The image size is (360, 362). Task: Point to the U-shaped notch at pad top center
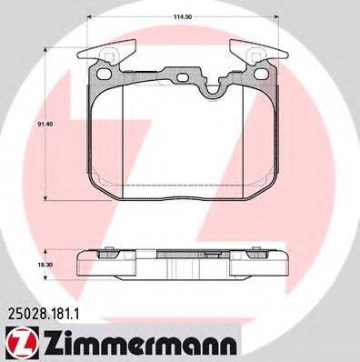pyautogui.click(x=216, y=89)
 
